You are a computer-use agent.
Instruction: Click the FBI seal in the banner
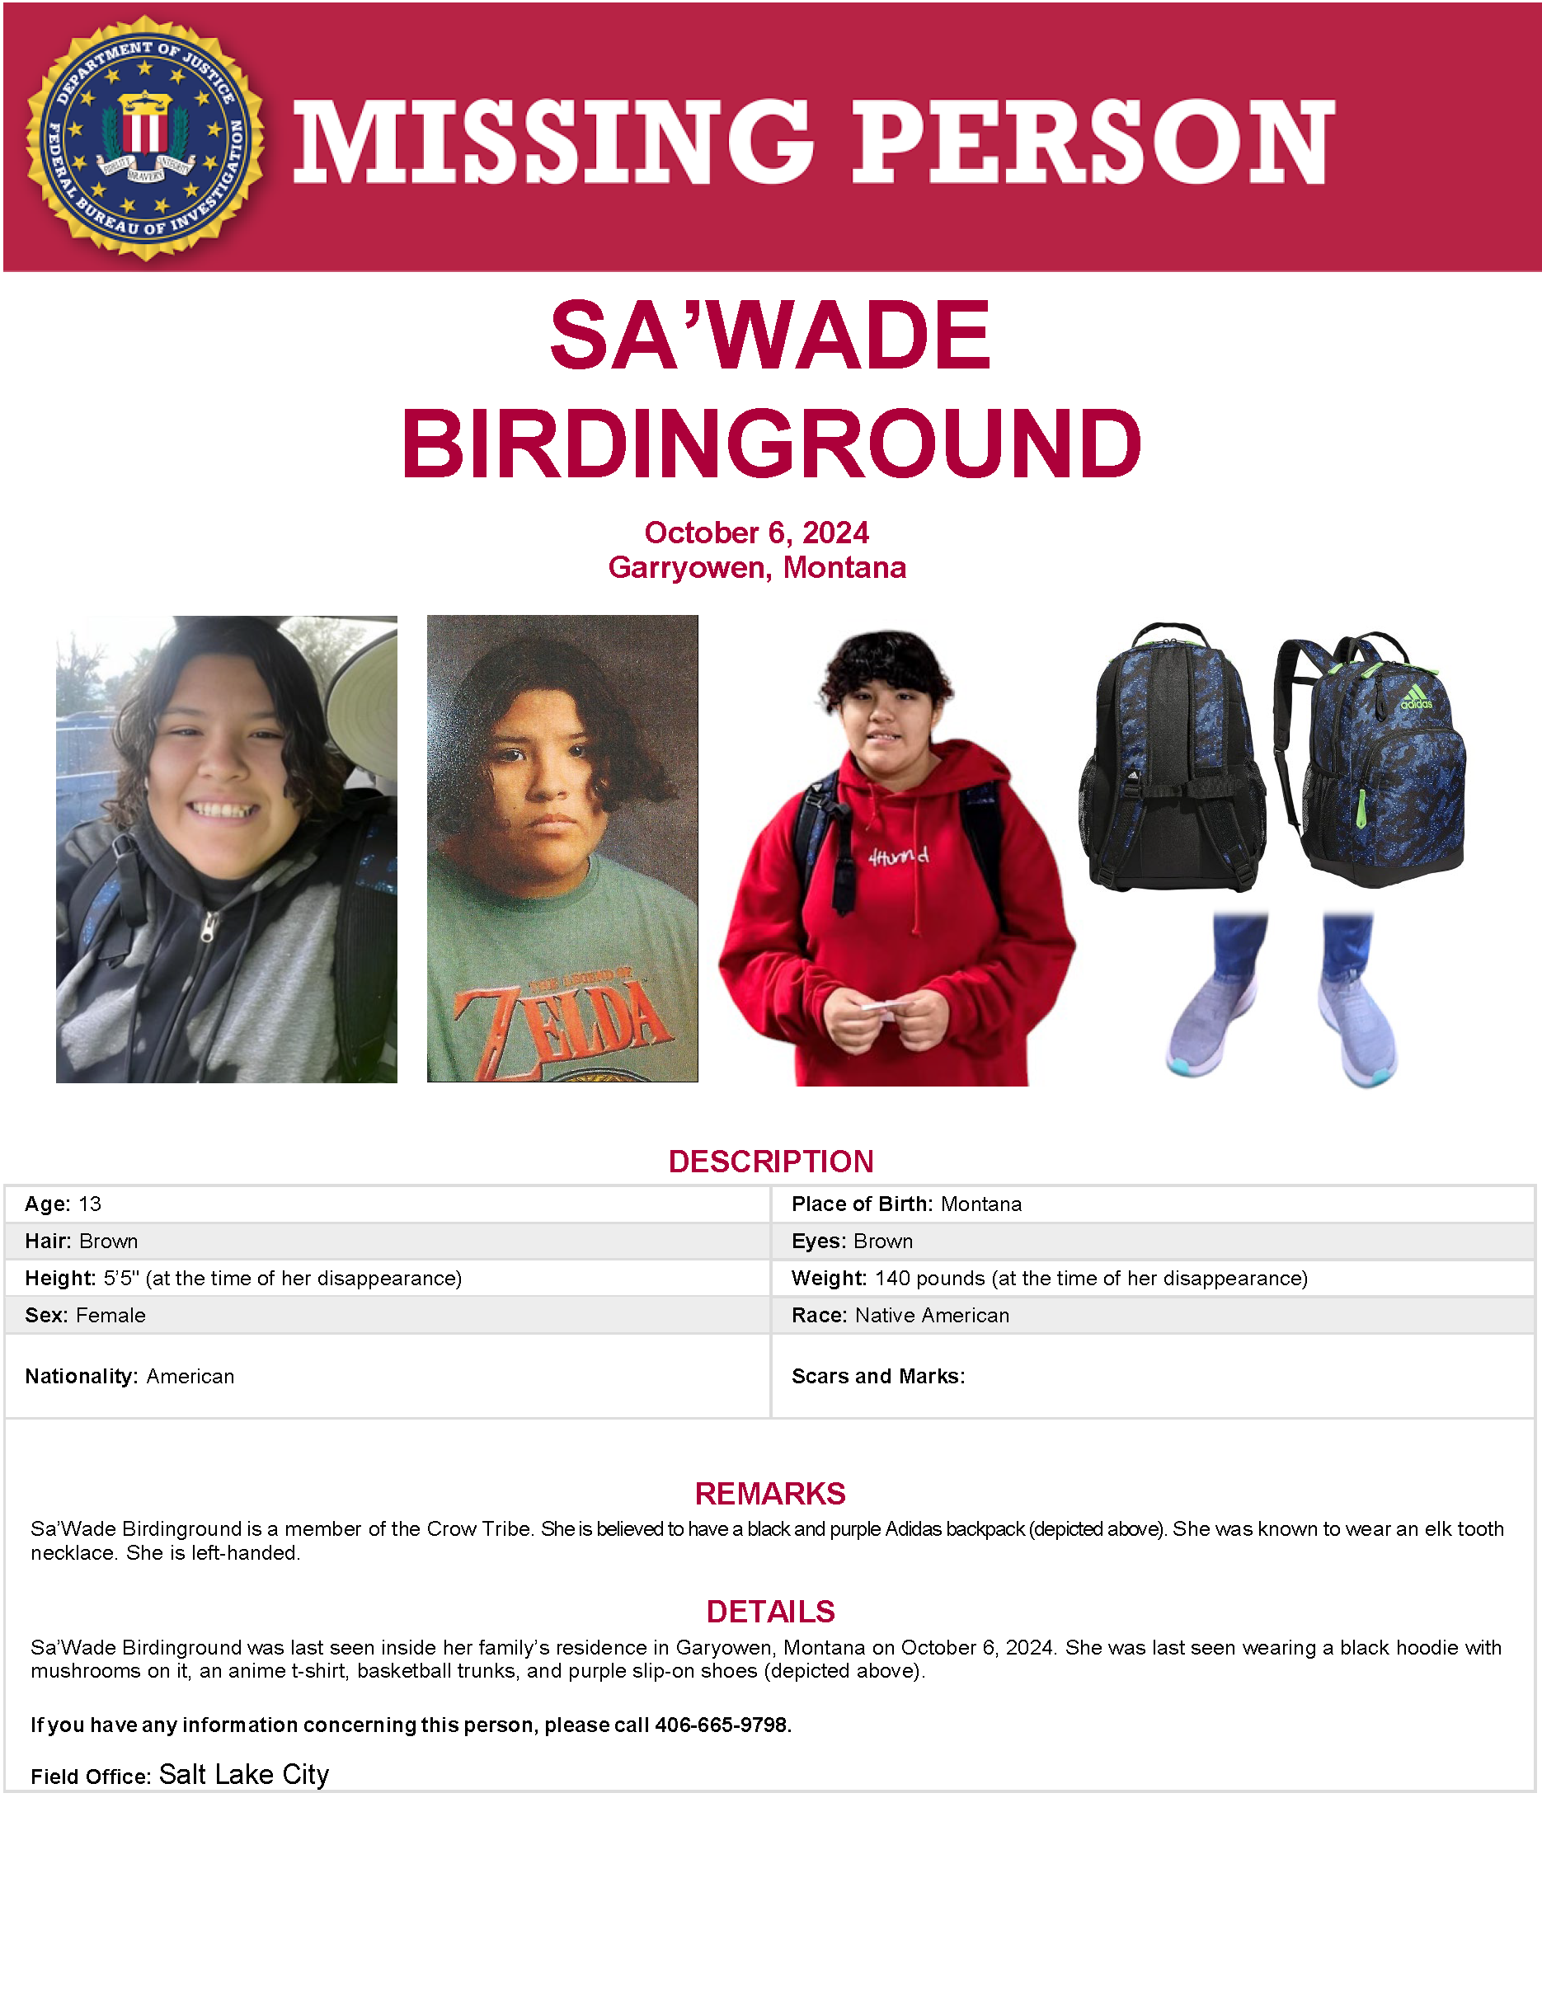click(x=145, y=138)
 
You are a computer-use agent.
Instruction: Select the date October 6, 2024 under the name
click(x=756, y=533)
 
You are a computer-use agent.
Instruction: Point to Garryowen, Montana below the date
click(x=756, y=567)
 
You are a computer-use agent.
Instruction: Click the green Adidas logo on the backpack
click(x=1416, y=698)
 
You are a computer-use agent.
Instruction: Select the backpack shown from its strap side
click(x=1173, y=758)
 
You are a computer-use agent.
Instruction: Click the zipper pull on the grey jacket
click(x=209, y=929)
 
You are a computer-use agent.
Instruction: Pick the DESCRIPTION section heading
click(x=771, y=1161)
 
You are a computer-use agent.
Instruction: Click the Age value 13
click(x=90, y=1204)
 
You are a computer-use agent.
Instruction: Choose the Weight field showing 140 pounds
click(x=1049, y=1278)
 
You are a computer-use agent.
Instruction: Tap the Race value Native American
click(x=932, y=1316)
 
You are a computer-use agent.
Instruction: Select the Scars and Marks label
click(x=878, y=1377)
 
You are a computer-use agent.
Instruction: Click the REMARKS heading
click(x=770, y=1494)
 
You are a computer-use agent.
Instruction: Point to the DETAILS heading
click(x=770, y=1612)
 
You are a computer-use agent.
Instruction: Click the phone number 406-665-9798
click(x=722, y=1725)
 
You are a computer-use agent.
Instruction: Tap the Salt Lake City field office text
click(x=244, y=1774)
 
